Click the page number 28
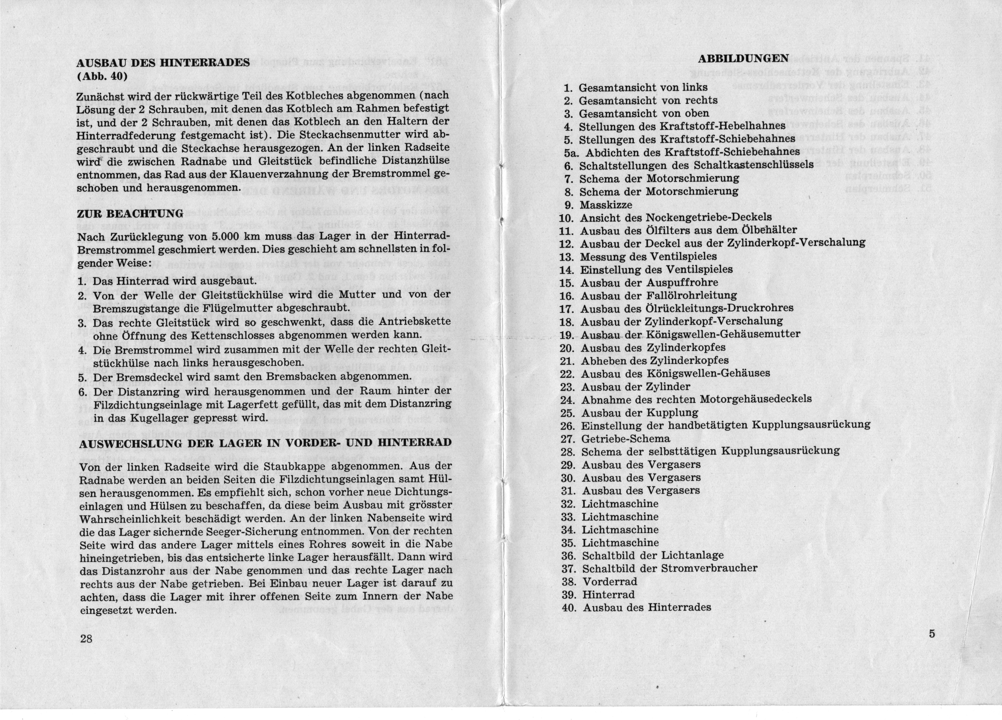(86, 638)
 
